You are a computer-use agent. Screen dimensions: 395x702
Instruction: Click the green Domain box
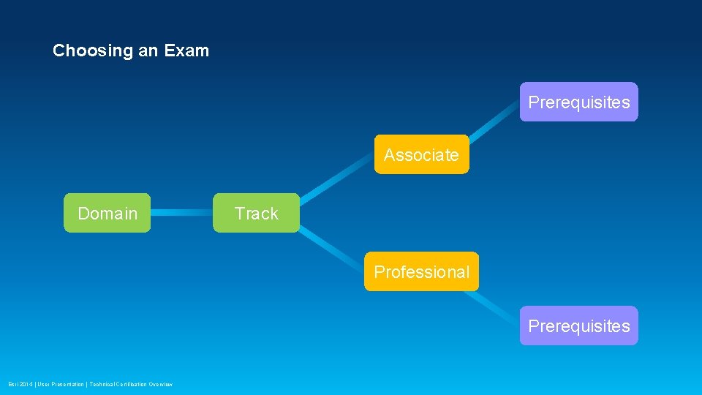click(x=107, y=213)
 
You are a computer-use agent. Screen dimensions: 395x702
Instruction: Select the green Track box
click(x=256, y=213)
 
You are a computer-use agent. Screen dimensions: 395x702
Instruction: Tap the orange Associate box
click(x=421, y=154)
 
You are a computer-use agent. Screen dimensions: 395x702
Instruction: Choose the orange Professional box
click(x=421, y=271)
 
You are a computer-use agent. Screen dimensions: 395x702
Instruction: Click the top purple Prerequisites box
click(x=578, y=102)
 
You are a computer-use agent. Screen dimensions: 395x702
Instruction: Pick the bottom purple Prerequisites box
click(x=578, y=326)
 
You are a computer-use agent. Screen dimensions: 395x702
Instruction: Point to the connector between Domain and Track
click(x=181, y=213)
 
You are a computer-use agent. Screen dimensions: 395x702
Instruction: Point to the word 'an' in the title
click(x=147, y=51)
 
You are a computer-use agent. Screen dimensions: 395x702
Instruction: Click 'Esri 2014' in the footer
click(x=20, y=384)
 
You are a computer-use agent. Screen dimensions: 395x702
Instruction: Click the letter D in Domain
click(x=83, y=214)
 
